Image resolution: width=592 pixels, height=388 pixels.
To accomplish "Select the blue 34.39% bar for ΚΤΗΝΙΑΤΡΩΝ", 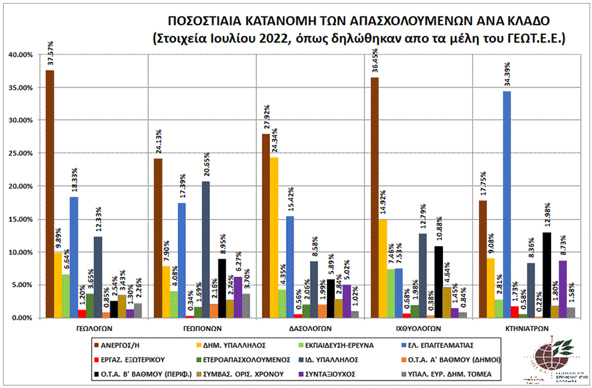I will pyautogui.click(x=507, y=204).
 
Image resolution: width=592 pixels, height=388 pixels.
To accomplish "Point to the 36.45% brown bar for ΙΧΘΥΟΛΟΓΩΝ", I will pyautogui.click(x=374, y=198).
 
